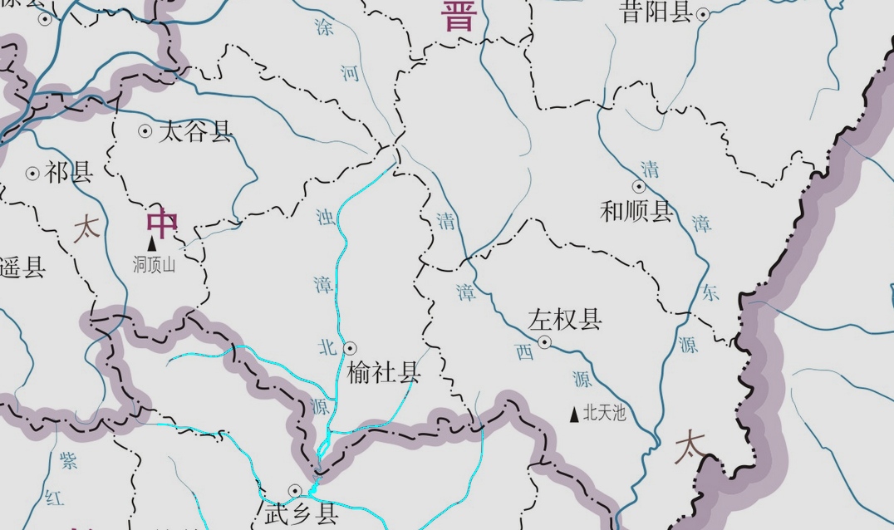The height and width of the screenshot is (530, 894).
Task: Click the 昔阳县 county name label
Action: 656,12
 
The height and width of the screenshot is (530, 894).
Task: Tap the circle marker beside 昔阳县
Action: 703,14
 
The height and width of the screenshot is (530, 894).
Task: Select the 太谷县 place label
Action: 196,131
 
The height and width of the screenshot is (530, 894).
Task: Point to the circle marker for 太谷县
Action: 145,130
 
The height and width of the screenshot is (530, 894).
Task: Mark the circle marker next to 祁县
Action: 32,174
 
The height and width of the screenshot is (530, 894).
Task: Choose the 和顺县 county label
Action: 636,212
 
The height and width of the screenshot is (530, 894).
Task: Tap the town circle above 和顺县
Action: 639,187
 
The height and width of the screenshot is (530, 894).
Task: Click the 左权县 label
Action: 565,320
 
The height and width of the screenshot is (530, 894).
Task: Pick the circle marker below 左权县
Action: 545,341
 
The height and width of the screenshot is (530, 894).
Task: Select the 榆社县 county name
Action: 384,372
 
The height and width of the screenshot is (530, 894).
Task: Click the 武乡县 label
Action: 301,514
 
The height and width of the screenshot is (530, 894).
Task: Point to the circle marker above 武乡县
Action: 294,491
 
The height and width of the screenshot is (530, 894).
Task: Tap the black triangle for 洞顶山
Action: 152,243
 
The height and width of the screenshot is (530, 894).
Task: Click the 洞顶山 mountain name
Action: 155,265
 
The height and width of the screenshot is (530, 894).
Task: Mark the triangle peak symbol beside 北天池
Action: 574,413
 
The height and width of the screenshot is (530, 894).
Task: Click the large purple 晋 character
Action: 459,15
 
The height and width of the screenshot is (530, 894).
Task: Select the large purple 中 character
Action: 162,223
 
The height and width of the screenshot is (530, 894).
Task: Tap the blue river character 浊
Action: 325,218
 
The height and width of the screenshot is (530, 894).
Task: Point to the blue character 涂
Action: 324,27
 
